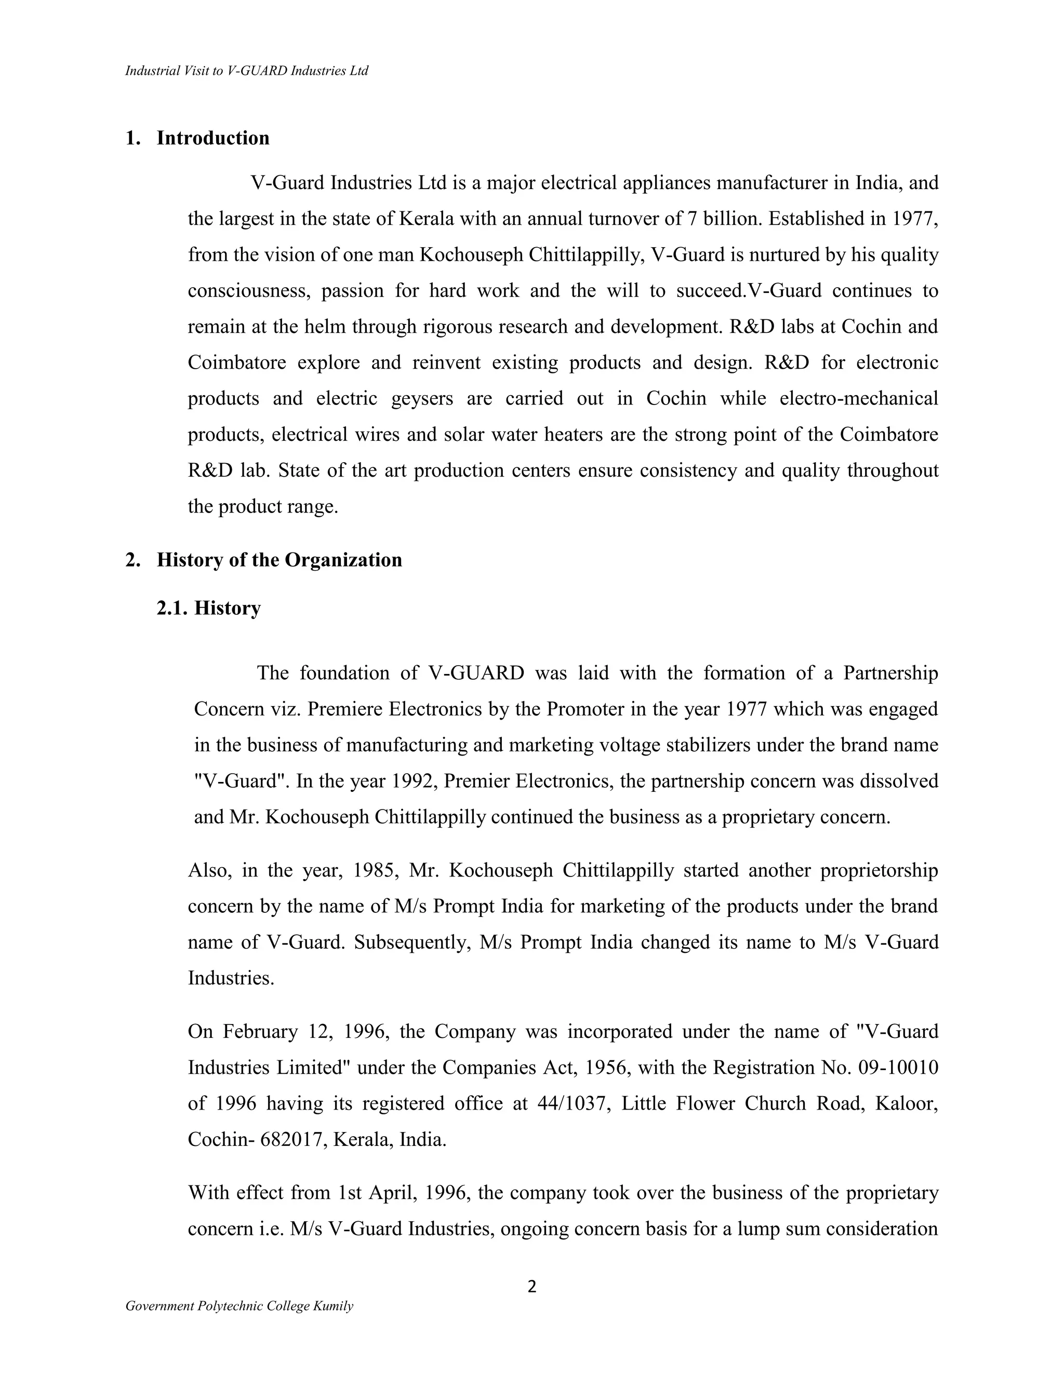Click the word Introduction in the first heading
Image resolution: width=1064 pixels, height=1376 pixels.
[212, 138]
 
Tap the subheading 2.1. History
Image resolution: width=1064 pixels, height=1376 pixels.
[209, 608]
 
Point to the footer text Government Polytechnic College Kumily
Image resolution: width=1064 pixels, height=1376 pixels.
[239, 1306]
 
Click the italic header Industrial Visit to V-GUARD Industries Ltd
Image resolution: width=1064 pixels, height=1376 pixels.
[246, 71]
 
